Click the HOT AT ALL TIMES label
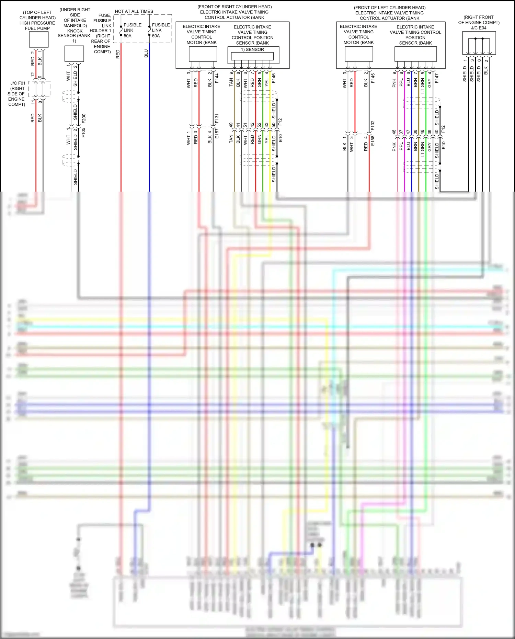[134, 11]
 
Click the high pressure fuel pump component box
[38, 39]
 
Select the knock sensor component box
[74, 54]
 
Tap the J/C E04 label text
[479, 28]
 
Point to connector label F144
[217, 78]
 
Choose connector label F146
[274, 78]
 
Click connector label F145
[373, 78]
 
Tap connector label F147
[437, 78]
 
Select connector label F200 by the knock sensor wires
[84, 119]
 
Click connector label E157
[217, 134]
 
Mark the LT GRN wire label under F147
[423, 86]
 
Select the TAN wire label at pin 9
[231, 82]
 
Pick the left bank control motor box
[359, 54]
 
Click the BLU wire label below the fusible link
[146, 54]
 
